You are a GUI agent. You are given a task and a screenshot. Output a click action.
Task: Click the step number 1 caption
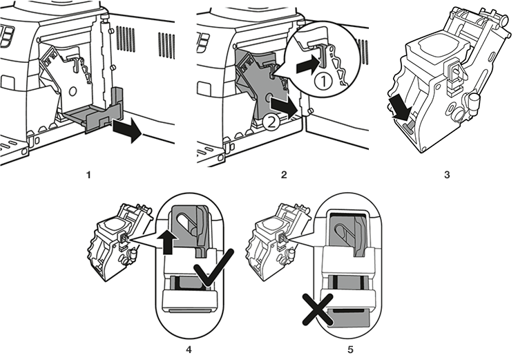(88, 175)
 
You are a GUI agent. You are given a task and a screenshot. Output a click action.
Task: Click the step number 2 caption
(284, 175)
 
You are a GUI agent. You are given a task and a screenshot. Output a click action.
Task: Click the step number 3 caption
(447, 175)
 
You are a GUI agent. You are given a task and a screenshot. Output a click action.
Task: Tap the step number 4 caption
(189, 350)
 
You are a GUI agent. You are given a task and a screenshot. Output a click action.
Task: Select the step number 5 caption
(350, 350)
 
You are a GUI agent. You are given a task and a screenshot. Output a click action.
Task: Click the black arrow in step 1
(127, 130)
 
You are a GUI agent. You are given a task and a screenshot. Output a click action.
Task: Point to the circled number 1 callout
(323, 81)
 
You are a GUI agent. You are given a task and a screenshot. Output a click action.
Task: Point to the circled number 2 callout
(271, 123)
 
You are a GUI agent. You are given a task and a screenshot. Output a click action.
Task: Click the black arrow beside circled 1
(308, 66)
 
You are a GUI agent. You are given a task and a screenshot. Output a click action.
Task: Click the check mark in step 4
(213, 268)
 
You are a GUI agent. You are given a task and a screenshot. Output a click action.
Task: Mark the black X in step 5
(318, 310)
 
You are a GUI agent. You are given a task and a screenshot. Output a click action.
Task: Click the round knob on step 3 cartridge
(473, 100)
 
